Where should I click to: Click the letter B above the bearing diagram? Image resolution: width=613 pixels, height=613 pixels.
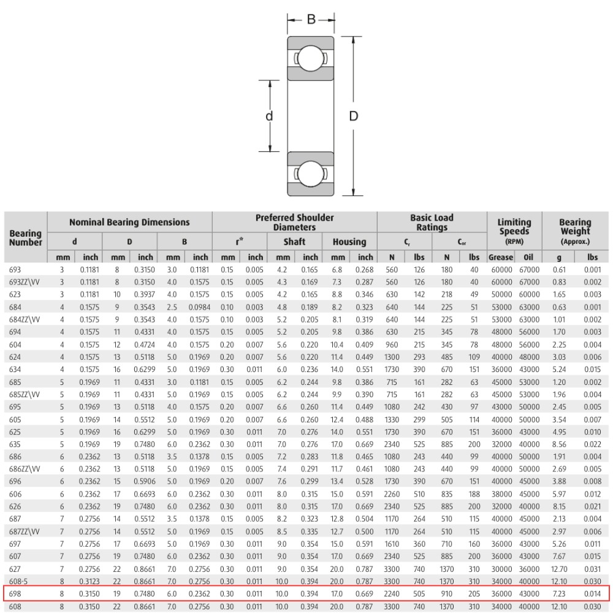(x=311, y=19)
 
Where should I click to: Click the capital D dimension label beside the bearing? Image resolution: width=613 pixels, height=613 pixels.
(x=354, y=116)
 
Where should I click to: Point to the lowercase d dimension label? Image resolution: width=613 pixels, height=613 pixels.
(x=269, y=116)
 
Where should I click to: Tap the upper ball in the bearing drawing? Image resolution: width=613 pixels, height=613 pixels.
(x=310, y=59)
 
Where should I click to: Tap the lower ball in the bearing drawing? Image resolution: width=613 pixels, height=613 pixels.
(x=310, y=173)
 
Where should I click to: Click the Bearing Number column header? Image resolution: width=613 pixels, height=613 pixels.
(x=25, y=238)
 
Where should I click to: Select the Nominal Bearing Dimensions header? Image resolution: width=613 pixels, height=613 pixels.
(x=129, y=223)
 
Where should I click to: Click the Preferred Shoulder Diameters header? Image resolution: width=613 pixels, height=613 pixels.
(x=295, y=223)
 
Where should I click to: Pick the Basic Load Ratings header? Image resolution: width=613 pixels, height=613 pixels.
(x=432, y=223)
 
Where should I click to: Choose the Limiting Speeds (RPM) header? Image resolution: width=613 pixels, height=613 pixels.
(x=514, y=232)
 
